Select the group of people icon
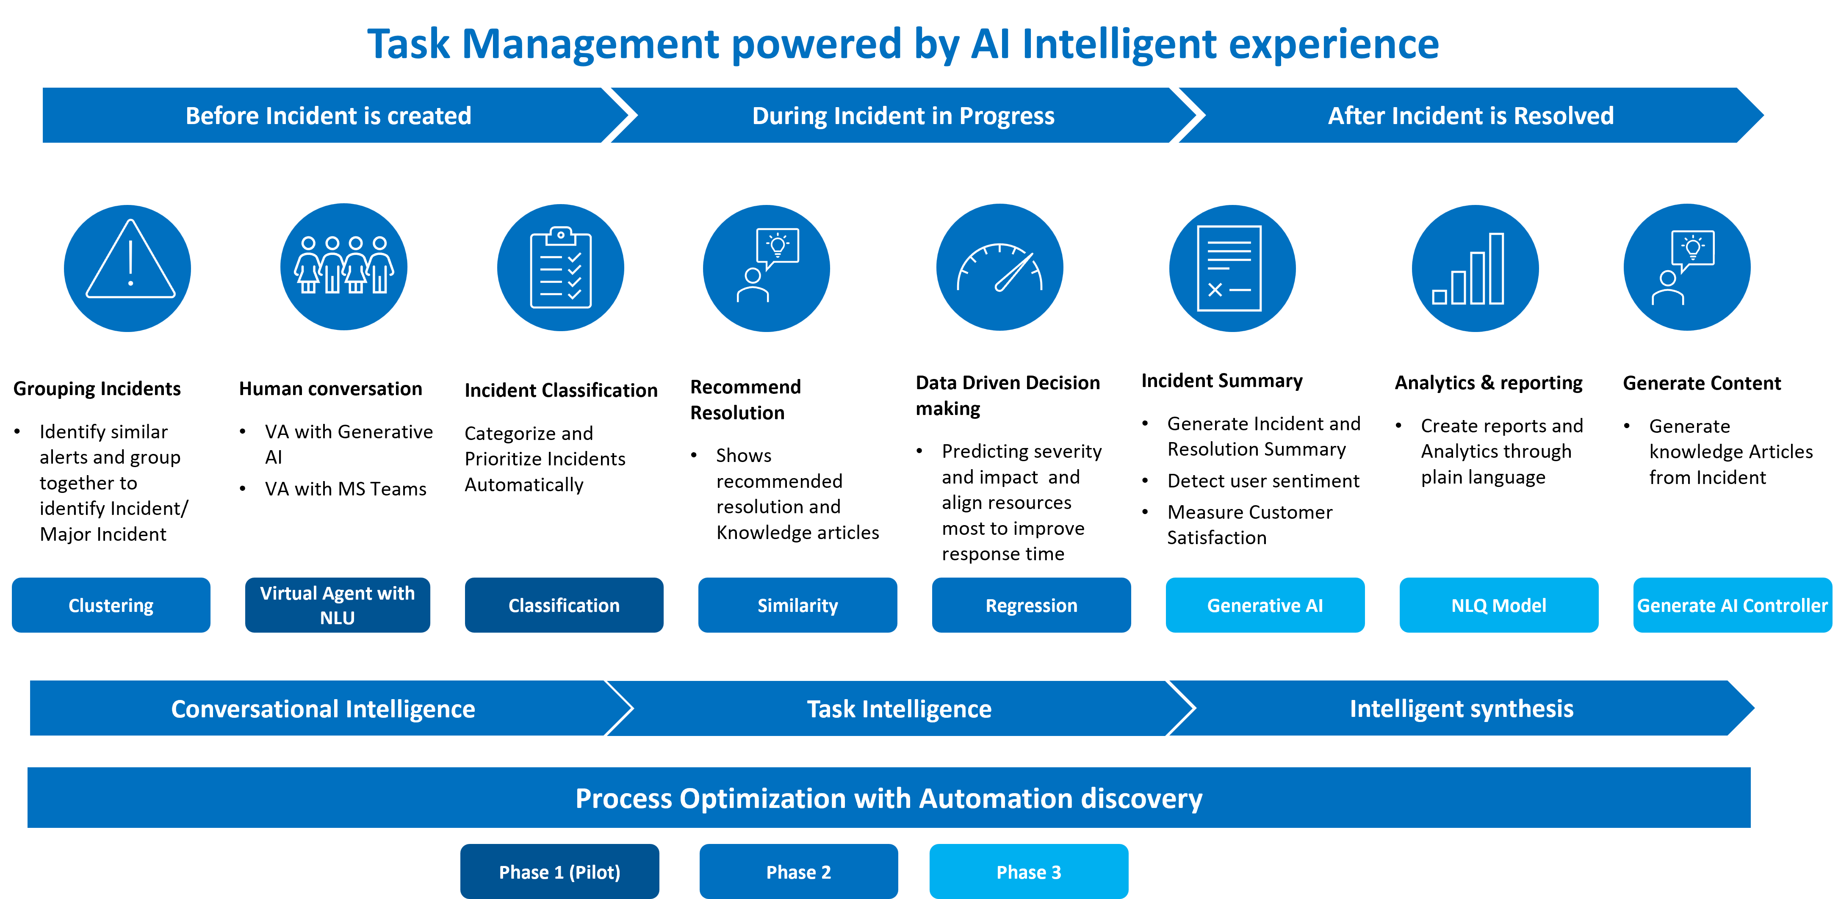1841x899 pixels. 344,266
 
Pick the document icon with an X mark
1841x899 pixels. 1232,268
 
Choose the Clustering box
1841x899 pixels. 111,605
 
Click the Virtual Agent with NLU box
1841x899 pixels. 337,605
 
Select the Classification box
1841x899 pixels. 564,605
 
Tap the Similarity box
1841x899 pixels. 797,605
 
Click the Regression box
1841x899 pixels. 1031,605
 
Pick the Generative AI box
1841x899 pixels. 1265,605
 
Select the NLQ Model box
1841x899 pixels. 1499,605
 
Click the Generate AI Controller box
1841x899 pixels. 1732,605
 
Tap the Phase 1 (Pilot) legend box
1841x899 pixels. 559,872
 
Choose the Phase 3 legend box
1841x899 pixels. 1028,872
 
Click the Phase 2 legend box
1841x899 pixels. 798,872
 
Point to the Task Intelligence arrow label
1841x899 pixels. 899,709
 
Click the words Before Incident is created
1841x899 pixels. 328,116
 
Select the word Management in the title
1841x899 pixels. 590,44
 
